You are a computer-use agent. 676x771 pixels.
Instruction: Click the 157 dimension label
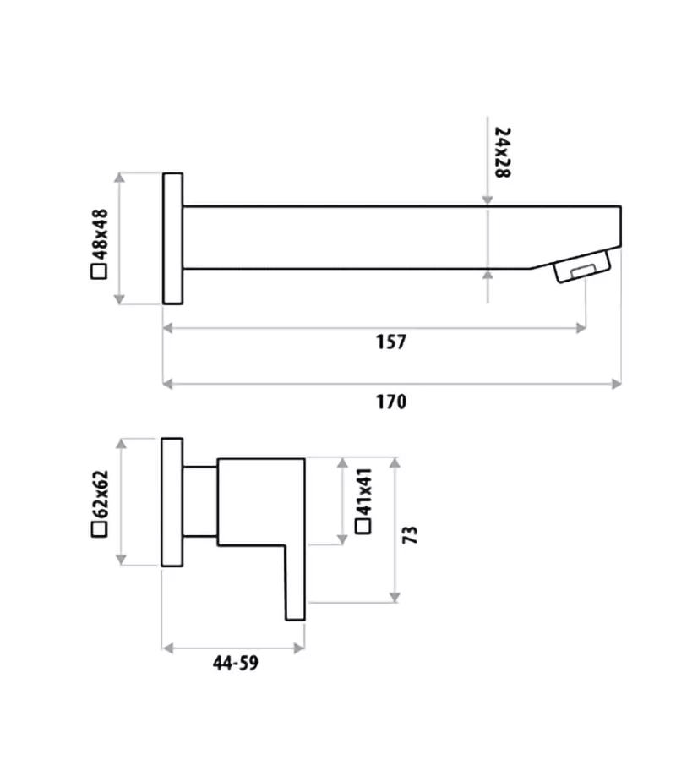391,342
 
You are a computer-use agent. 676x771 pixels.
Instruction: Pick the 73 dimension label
412,534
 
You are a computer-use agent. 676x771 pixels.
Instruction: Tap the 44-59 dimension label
235,664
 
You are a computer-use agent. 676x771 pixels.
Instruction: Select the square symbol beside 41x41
364,526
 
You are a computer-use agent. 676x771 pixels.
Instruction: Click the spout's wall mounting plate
172,238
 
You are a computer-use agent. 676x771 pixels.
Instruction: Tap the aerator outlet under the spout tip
581,270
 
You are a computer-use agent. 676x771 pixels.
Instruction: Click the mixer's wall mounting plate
172,501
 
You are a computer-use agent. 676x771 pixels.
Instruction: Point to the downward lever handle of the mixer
295,583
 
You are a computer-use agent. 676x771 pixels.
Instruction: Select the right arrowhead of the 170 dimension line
618,384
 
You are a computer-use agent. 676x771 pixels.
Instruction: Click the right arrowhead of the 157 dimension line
581,327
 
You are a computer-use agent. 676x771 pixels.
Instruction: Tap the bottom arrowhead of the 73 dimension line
394,598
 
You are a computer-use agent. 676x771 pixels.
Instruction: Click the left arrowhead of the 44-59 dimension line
166,648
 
